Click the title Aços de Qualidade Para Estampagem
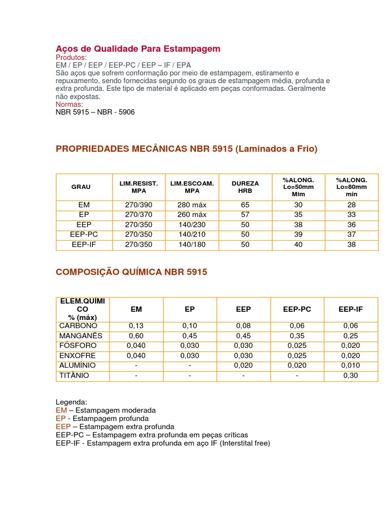(x=138, y=49)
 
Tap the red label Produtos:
(x=71, y=57)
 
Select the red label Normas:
(x=69, y=104)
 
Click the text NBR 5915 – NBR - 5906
(x=95, y=112)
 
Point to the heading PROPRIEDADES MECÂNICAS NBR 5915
(x=186, y=149)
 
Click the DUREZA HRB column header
(x=245, y=187)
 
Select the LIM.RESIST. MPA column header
(x=139, y=187)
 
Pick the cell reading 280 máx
(x=192, y=205)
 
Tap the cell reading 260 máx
(x=192, y=215)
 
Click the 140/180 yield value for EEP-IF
(x=192, y=244)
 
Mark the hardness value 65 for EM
(x=245, y=205)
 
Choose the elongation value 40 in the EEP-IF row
(x=298, y=244)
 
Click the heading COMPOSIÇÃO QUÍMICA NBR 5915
(x=131, y=272)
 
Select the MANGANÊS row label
(x=81, y=336)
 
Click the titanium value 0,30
(x=351, y=375)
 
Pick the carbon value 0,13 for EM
(x=136, y=326)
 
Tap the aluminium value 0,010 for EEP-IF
(x=351, y=366)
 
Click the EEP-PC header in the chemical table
(x=297, y=309)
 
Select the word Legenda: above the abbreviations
(x=72, y=402)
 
